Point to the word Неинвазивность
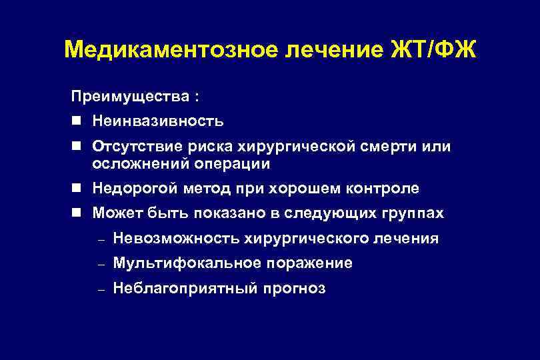[158, 121]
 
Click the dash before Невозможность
[101, 239]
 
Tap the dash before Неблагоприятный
[101, 289]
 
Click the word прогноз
[295, 289]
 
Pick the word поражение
[309, 263]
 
